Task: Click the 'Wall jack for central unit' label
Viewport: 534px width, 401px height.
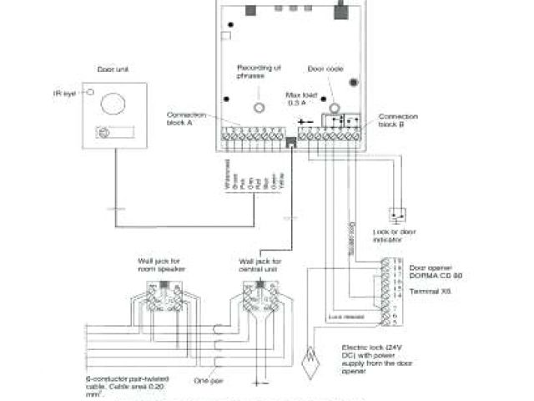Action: pos(259,266)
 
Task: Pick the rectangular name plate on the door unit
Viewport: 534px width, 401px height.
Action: pos(114,132)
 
